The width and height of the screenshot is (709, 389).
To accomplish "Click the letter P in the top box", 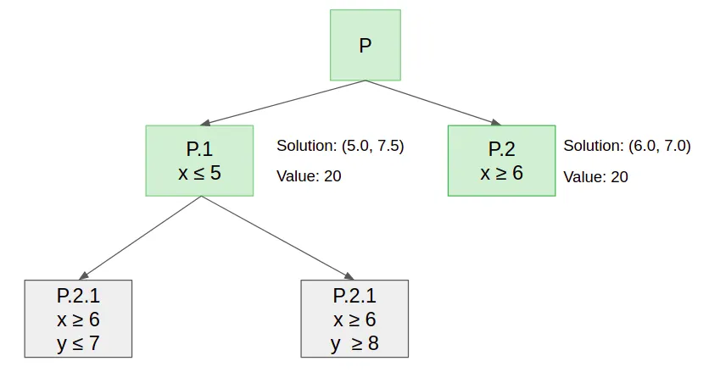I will pyautogui.click(x=365, y=46).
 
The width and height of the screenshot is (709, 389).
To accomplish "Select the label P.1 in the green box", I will pyautogui.click(x=199, y=150).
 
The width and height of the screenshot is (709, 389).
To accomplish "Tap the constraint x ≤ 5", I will pyautogui.click(x=199, y=173).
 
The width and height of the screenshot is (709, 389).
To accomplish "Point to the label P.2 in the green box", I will pyautogui.click(x=501, y=150).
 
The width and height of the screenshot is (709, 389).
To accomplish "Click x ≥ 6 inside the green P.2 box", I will pyautogui.click(x=501, y=173).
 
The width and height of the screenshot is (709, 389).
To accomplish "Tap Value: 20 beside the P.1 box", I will pyautogui.click(x=309, y=176).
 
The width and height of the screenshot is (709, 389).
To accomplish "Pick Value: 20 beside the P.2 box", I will pyautogui.click(x=595, y=176).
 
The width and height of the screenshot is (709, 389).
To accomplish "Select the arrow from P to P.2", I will pyautogui.click(x=433, y=103).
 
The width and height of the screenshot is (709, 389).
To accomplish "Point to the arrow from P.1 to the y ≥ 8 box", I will pyautogui.click(x=276, y=238).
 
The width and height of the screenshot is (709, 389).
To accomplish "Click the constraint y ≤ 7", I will pyautogui.click(x=79, y=344).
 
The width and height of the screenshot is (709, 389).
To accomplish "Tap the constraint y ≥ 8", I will pyautogui.click(x=354, y=344).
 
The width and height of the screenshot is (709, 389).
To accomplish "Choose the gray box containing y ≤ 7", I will pyautogui.click(x=79, y=318).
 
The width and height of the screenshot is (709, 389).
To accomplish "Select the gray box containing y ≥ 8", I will pyautogui.click(x=354, y=318).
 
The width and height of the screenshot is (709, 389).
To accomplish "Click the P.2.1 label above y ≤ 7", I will pyautogui.click(x=79, y=296).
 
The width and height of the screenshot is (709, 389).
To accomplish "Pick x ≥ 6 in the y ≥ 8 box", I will pyautogui.click(x=354, y=320).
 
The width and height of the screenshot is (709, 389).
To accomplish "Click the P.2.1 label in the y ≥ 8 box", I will pyautogui.click(x=354, y=296).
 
